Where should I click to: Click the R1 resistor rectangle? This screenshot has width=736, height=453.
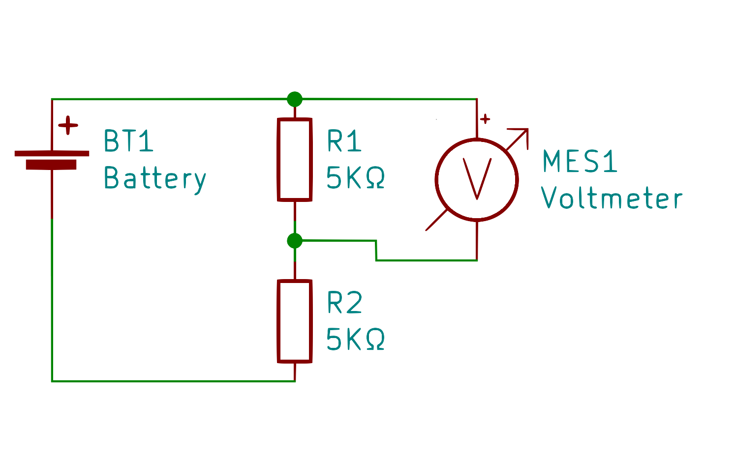tap(295, 160)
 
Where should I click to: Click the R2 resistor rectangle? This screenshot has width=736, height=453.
tap(295, 321)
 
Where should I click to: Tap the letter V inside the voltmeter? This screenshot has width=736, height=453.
tap(477, 179)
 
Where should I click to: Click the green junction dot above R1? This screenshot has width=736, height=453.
tap(295, 99)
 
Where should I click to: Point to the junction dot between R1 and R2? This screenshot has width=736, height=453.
tap(295, 241)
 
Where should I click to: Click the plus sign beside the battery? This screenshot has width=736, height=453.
tap(68, 126)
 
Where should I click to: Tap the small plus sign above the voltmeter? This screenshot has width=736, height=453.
tap(485, 119)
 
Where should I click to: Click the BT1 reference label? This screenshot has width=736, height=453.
tap(129, 141)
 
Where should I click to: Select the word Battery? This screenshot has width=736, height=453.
tap(155, 178)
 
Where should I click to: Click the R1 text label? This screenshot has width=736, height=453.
tap(344, 141)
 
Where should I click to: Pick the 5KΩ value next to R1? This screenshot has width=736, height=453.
tap(355, 178)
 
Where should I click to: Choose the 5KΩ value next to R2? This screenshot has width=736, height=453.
tap(355, 339)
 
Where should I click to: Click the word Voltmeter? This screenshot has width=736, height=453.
tap(612, 198)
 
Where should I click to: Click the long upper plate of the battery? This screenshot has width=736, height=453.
tap(52, 153)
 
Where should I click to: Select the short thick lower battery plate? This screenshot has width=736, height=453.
tap(51, 165)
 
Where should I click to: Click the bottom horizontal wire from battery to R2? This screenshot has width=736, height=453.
tap(172, 381)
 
